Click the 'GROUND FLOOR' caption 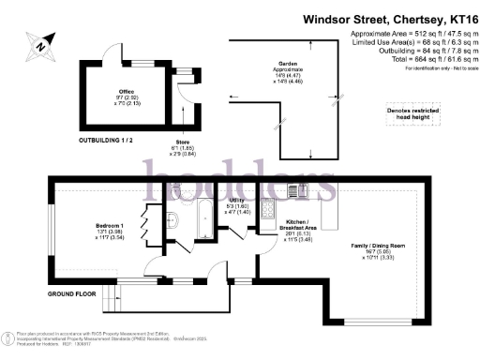click(x=74, y=293)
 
